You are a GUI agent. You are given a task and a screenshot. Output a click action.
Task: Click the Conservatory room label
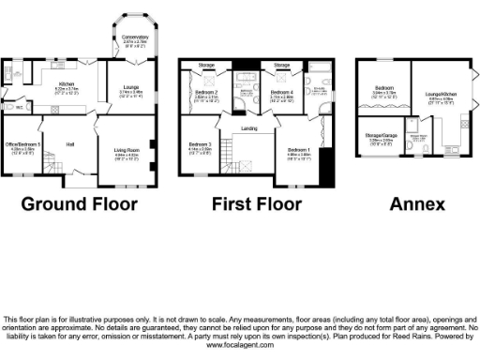(x=136, y=37)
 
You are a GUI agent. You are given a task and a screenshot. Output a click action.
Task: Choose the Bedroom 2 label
(x=204, y=93)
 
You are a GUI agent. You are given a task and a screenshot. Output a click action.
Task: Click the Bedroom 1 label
(x=299, y=149)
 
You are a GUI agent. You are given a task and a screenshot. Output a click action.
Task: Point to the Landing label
(x=248, y=128)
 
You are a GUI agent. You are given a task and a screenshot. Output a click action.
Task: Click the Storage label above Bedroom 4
(x=280, y=65)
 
